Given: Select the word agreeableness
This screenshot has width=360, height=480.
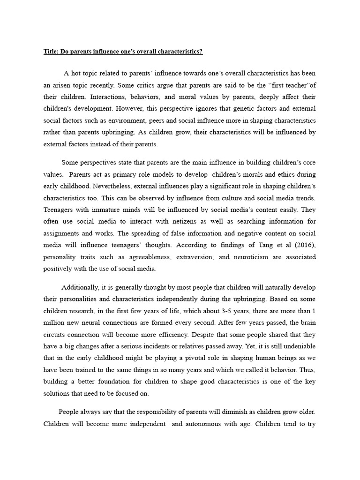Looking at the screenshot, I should pyautogui.click(x=143, y=257).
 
